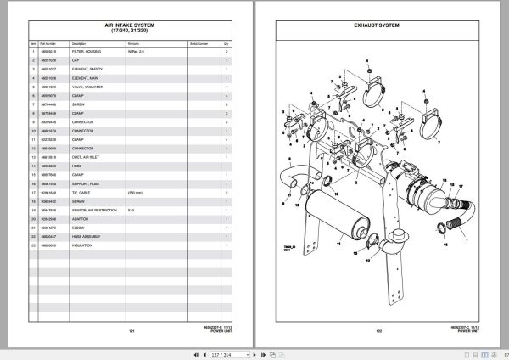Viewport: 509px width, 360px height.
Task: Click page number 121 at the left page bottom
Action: tap(131, 330)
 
